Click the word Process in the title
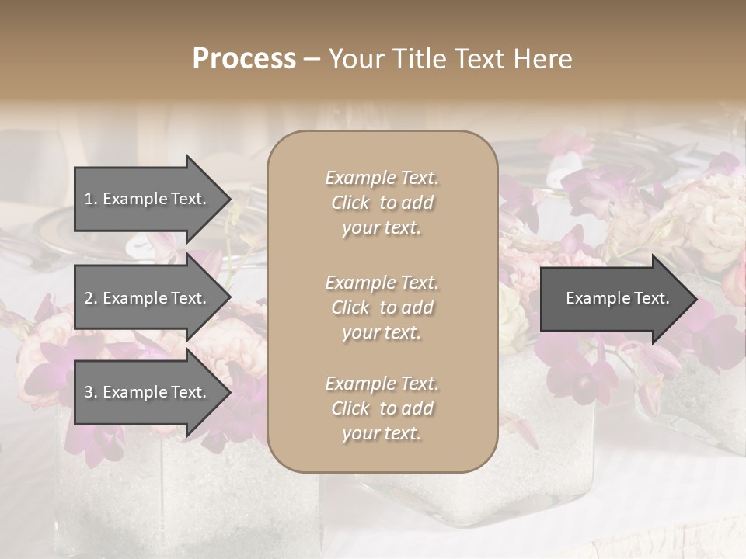pyautogui.click(x=244, y=59)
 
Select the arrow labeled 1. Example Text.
pyautogui.click(x=148, y=199)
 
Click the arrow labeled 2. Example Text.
pyautogui.click(x=148, y=298)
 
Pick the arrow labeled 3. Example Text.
pyautogui.click(x=148, y=393)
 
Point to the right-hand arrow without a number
pyautogui.click(x=614, y=298)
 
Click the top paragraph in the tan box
pyautogui.click(x=382, y=203)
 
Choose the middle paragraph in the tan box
pyautogui.click(x=382, y=307)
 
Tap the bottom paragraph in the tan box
pyautogui.click(x=382, y=408)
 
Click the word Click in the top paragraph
pyautogui.click(x=350, y=203)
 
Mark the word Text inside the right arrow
pyautogui.click(x=652, y=298)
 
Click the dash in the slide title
pyautogui.click(x=312, y=59)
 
